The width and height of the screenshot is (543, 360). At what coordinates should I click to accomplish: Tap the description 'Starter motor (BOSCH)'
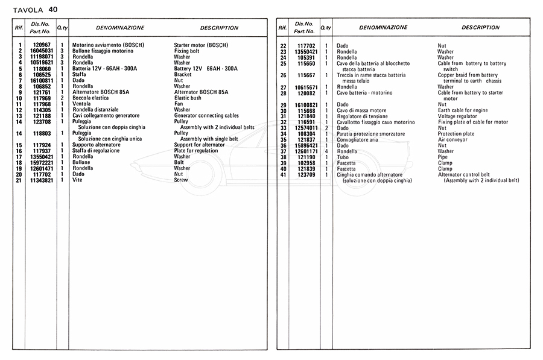201,45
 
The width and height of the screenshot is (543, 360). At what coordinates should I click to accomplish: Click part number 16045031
43,51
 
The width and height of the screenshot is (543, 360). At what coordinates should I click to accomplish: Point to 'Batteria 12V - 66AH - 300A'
104,69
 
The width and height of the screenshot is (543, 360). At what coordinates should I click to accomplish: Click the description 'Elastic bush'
189,98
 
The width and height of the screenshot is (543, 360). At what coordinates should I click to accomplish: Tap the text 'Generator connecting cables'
206,115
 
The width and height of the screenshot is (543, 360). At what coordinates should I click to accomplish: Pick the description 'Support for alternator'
199,145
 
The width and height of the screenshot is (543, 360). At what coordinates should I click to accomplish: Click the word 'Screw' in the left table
180,180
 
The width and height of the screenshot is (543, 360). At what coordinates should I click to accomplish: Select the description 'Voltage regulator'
458,116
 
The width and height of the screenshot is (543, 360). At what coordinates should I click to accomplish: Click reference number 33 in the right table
284,127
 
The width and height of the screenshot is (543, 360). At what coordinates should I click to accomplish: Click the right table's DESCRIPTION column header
480,27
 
